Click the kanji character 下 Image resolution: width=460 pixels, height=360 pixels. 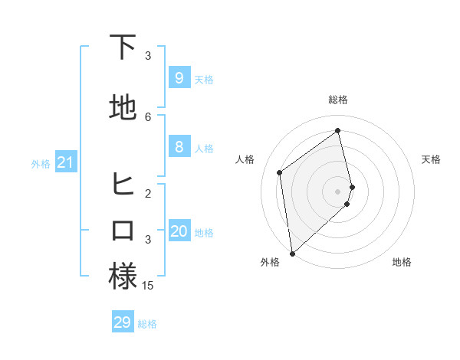click(123, 47)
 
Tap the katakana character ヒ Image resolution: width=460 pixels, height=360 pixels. click(123, 184)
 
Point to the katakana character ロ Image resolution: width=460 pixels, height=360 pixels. click(123, 231)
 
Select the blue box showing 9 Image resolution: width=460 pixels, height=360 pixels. click(179, 78)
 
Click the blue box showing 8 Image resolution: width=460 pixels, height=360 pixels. click(179, 147)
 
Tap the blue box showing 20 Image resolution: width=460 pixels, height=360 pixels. click(179, 231)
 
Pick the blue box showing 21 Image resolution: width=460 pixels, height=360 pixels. click(66, 162)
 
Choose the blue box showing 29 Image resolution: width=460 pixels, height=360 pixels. click(123, 322)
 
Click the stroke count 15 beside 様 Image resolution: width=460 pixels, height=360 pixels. click(148, 286)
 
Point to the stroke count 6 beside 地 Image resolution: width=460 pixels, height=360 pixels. click(148, 116)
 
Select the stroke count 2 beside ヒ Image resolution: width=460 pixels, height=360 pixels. click(148, 193)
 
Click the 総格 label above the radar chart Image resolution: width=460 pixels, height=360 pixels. click(338, 100)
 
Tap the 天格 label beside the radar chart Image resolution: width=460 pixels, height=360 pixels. click(431, 159)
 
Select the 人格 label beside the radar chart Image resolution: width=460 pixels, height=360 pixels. click(245, 159)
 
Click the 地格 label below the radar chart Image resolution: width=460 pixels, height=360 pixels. click(402, 262)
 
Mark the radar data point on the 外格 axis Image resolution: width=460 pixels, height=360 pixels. click(291, 253)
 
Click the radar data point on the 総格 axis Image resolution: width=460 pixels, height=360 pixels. click(338, 130)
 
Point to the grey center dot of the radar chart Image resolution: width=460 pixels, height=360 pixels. click(338, 191)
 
